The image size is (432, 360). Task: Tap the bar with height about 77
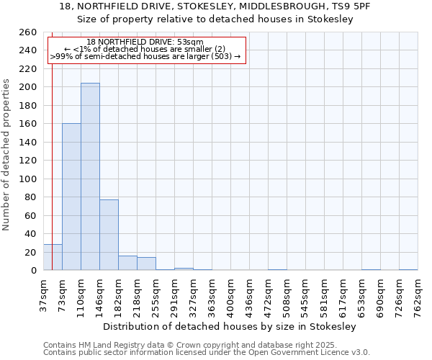109,235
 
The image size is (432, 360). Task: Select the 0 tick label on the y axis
33,271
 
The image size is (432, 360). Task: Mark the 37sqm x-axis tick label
42,292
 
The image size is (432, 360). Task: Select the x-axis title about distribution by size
230,326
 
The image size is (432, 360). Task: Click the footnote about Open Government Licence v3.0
207,353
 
